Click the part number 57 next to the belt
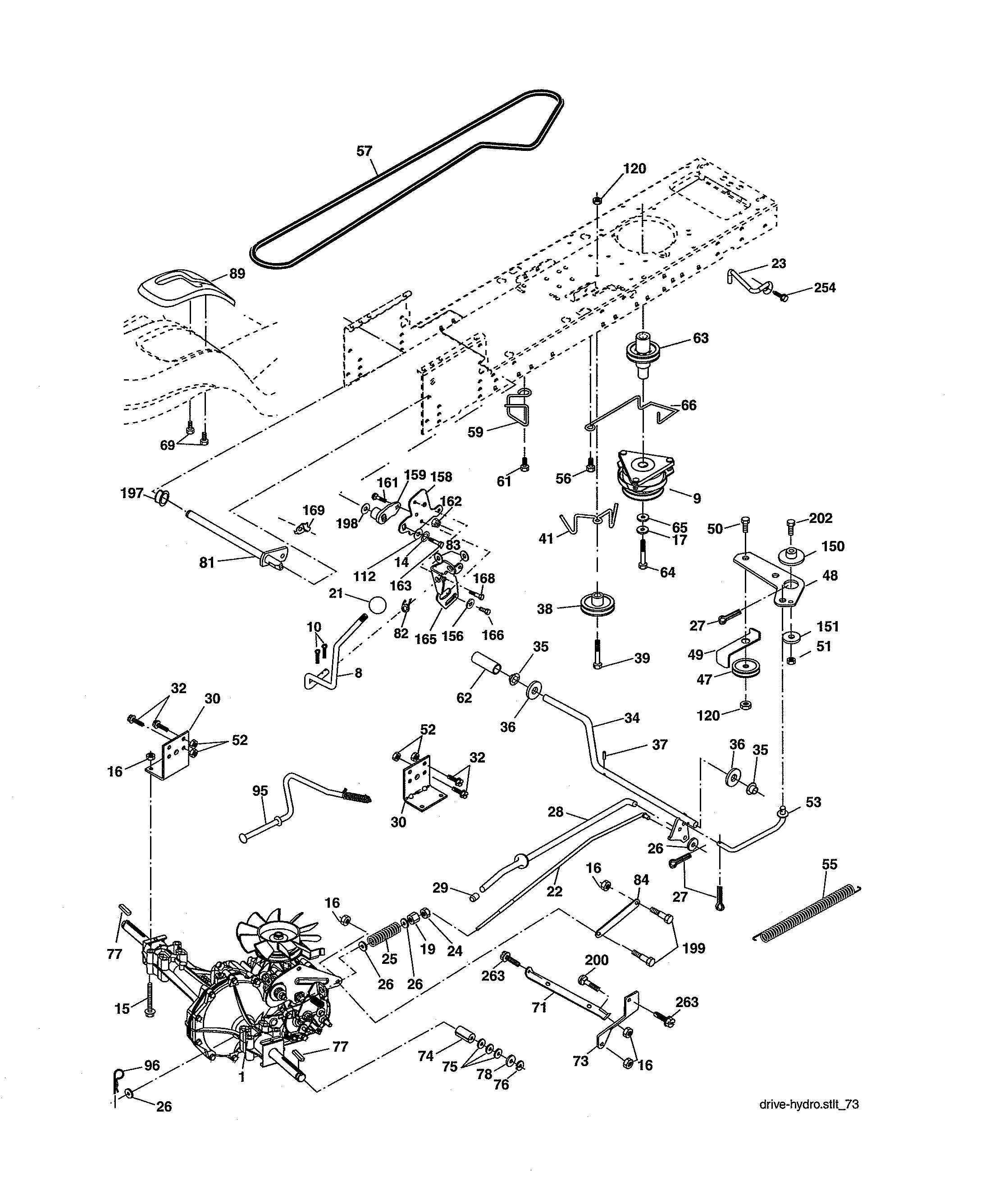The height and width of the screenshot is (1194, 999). click(364, 151)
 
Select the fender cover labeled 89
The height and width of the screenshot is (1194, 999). click(185, 290)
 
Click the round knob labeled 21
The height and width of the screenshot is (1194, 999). click(377, 604)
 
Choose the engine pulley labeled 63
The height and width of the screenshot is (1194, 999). click(642, 352)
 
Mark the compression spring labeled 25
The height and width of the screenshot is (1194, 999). click(390, 934)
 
